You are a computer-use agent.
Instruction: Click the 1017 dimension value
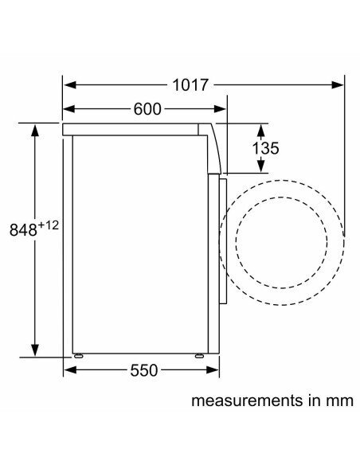190,85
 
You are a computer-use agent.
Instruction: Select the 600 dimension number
147,109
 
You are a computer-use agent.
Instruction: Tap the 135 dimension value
265,148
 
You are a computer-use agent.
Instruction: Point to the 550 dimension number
144,370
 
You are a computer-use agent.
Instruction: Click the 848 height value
23,229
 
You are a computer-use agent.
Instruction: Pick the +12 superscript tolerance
49,225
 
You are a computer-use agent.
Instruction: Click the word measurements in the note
246,401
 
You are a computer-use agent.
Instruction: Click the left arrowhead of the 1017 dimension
70,85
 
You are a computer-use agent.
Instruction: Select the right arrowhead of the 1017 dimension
338,85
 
